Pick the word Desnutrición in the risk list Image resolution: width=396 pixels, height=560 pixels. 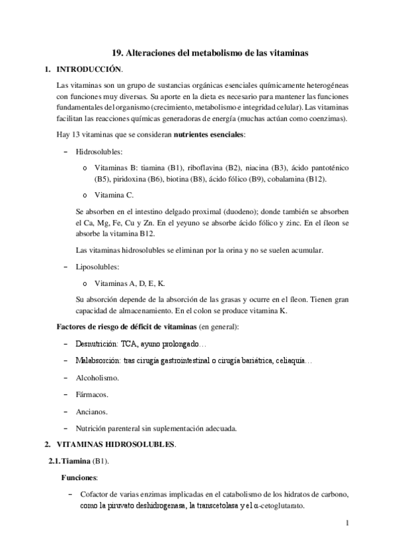click(x=100, y=344)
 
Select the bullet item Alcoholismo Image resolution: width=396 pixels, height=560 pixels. click(x=98, y=378)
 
